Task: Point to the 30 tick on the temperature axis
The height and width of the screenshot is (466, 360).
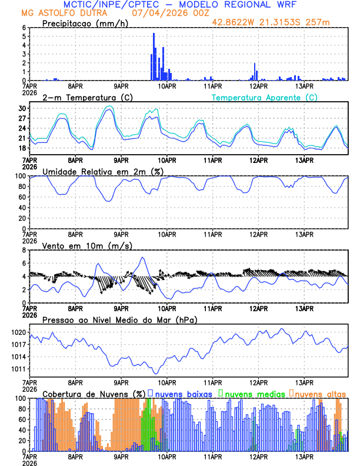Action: pos(22,109)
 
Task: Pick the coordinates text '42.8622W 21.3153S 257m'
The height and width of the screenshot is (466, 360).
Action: pos(279,22)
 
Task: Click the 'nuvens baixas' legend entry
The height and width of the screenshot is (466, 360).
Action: pos(184,393)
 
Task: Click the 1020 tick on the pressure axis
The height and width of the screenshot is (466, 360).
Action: pos(19,332)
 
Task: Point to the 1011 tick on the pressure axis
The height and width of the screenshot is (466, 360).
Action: pos(19,370)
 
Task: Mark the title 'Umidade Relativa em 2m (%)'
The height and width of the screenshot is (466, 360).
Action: pos(103,171)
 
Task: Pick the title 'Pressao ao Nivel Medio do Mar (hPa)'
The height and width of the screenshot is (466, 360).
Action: pos(119,319)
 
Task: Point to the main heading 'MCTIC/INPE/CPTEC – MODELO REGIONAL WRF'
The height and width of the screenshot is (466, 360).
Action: pos(180,4)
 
